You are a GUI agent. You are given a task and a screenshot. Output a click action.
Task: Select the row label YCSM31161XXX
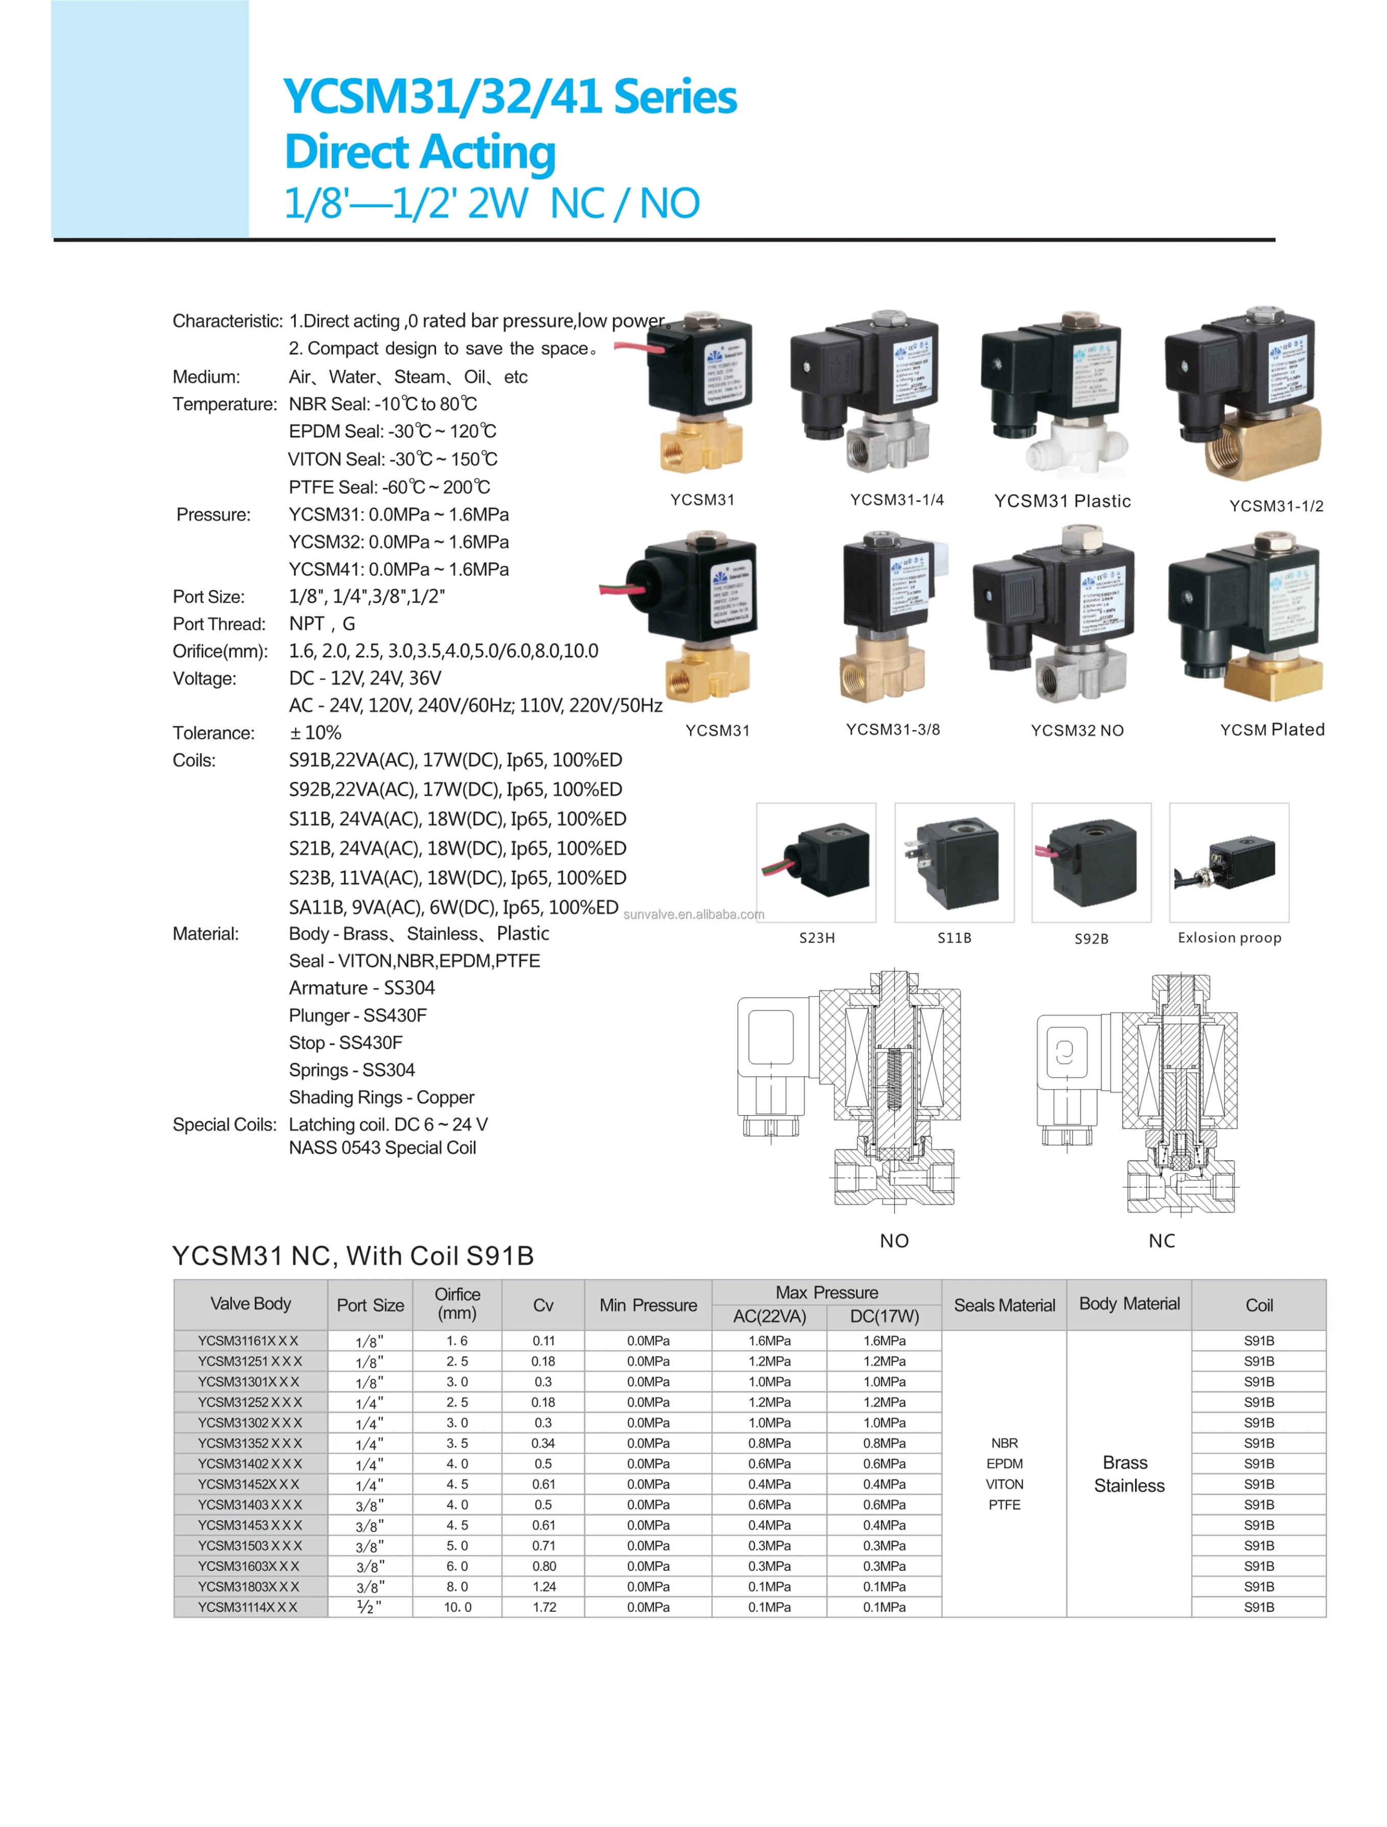(x=248, y=1341)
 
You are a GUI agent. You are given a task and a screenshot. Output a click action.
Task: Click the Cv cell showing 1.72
(x=544, y=1607)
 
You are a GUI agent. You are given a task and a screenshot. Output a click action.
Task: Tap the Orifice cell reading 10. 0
(x=458, y=1607)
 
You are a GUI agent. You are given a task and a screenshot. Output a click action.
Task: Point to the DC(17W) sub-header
(x=884, y=1317)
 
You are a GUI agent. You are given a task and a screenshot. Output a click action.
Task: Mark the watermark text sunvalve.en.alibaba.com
(x=694, y=915)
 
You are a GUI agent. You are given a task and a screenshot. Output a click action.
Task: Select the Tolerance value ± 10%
(x=315, y=733)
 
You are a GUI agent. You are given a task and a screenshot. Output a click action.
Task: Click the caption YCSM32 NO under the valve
(x=1077, y=730)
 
